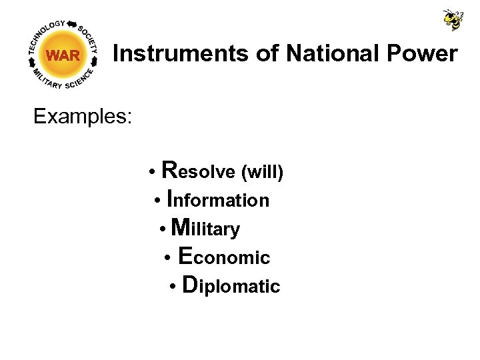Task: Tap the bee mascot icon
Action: click(x=453, y=19)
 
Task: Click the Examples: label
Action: click(x=83, y=117)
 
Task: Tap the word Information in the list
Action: click(x=218, y=199)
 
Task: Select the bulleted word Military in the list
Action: click(x=205, y=229)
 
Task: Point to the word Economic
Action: click(x=225, y=257)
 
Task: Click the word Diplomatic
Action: click(x=231, y=286)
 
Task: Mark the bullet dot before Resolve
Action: click(x=153, y=173)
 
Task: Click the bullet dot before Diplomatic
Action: click(x=172, y=287)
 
